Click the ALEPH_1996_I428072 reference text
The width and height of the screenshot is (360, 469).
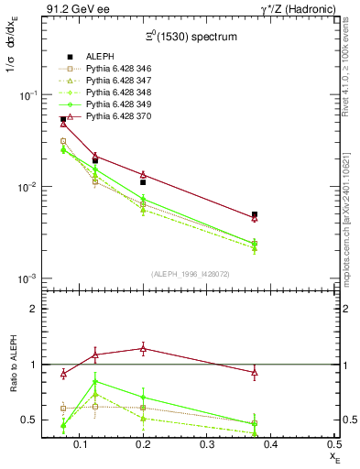pos(191,274)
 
